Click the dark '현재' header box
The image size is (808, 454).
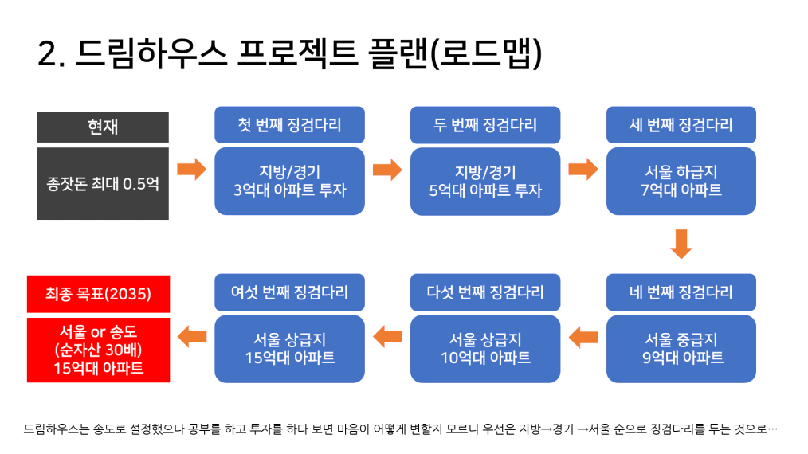click(x=103, y=127)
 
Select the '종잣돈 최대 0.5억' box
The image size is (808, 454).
click(x=103, y=183)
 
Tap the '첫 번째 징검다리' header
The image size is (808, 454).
click(x=289, y=125)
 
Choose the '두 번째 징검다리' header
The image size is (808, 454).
click(x=485, y=125)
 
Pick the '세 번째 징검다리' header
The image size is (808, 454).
click(x=681, y=125)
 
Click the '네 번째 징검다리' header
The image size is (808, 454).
click(x=681, y=292)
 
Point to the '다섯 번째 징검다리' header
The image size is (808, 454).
click(x=485, y=292)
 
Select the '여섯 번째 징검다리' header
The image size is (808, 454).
click(x=289, y=292)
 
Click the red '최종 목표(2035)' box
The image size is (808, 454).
click(x=99, y=294)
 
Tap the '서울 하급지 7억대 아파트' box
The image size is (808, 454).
click(x=681, y=181)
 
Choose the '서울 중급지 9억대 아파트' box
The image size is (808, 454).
click(x=681, y=349)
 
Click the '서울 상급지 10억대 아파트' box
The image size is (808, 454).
click(x=485, y=349)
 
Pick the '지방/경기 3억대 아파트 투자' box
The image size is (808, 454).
click(x=289, y=181)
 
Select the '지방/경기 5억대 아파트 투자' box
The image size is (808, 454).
click(x=485, y=181)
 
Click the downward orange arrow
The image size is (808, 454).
click(x=681, y=244)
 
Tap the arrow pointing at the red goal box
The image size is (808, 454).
click(x=192, y=337)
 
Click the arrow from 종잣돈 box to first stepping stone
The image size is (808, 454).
click(x=192, y=169)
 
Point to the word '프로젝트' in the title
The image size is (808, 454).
click(x=297, y=53)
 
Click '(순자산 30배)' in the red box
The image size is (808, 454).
click(x=99, y=350)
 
